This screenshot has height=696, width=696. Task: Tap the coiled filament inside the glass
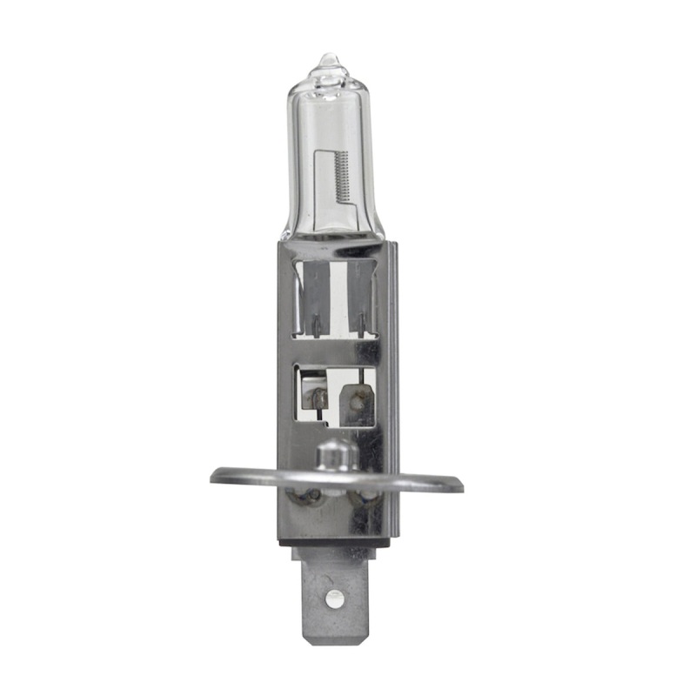point(342,174)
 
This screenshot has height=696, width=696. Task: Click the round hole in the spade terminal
point(331,597)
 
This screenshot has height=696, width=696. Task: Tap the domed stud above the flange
point(335,453)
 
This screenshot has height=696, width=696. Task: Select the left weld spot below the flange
point(307,499)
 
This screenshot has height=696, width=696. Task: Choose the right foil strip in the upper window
point(358,291)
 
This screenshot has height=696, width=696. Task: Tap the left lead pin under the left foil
point(315,326)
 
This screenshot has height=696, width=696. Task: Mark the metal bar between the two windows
point(335,351)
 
